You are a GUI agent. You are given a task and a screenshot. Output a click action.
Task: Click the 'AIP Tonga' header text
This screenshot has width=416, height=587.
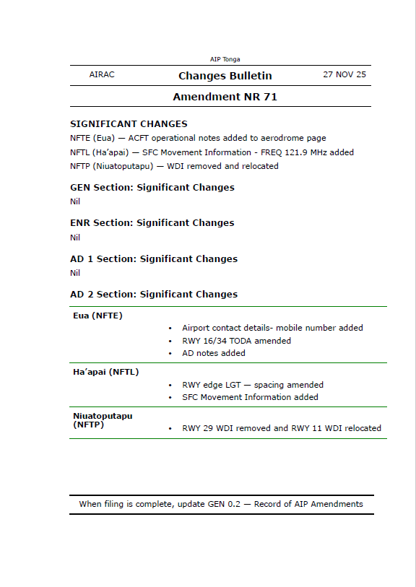[x=225, y=59]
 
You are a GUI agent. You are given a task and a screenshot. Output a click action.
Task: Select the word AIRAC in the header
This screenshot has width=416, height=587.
[x=102, y=75]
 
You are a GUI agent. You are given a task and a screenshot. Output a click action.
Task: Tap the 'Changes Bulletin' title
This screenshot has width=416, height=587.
[x=225, y=76]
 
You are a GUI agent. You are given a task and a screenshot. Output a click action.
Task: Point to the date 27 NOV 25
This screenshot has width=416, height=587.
[x=344, y=75]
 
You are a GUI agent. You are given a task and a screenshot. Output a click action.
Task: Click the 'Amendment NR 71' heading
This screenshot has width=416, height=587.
[x=225, y=97]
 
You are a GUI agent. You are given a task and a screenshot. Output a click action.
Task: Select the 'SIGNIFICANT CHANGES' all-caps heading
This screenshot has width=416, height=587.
[x=129, y=123]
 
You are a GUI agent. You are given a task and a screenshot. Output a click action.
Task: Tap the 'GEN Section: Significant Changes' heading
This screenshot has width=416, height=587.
[x=152, y=188]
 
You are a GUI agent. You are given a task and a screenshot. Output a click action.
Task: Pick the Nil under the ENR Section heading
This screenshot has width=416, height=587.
[x=75, y=238]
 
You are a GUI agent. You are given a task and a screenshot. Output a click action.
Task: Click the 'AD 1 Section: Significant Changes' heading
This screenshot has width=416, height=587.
[x=154, y=258]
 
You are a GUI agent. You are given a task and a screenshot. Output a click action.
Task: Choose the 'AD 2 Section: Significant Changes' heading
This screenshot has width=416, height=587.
[x=154, y=295]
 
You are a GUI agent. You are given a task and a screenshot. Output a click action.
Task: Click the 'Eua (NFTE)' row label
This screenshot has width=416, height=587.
[x=97, y=316]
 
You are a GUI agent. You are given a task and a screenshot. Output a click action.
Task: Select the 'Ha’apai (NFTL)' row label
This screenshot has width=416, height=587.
[x=105, y=372]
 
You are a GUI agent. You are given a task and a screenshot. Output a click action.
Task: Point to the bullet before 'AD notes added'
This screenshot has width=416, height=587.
[x=170, y=354]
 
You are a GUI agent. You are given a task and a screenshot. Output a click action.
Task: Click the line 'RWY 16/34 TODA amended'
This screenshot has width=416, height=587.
[x=236, y=341]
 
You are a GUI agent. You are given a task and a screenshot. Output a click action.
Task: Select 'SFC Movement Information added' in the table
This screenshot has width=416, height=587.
[x=250, y=397]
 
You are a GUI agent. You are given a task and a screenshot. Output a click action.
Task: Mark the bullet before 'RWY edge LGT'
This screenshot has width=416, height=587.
[x=170, y=386]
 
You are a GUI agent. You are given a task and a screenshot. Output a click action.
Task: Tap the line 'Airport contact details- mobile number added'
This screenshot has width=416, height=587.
[x=272, y=328]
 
